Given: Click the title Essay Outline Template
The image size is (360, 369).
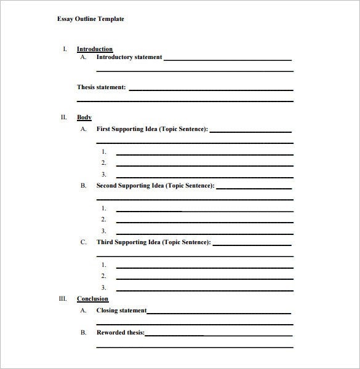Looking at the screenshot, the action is [x=90, y=19].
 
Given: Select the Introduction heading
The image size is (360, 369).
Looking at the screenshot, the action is [x=95, y=49].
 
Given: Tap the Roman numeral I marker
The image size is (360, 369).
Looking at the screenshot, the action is [x=65, y=49].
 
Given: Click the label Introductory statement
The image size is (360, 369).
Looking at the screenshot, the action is [x=129, y=57].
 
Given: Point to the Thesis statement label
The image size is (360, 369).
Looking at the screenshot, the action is [x=102, y=87].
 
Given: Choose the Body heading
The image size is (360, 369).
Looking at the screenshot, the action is [x=84, y=117].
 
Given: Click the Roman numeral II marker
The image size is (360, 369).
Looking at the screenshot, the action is [x=63, y=116].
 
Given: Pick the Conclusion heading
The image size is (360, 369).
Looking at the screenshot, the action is [x=92, y=299].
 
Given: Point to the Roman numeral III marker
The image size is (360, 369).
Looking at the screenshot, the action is [x=62, y=298].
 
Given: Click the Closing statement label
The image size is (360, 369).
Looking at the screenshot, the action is [x=122, y=311].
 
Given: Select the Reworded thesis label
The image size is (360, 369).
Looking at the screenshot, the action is [x=121, y=333].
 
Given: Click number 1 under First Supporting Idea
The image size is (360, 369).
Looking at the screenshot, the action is [x=104, y=151].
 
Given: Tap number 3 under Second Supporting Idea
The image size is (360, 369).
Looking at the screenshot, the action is [x=104, y=231].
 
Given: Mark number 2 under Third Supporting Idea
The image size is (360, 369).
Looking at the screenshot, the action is [x=104, y=276].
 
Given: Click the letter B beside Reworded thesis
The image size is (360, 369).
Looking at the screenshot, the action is [x=83, y=333].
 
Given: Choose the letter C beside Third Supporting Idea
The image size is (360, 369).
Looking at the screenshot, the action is [x=83, y=242].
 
